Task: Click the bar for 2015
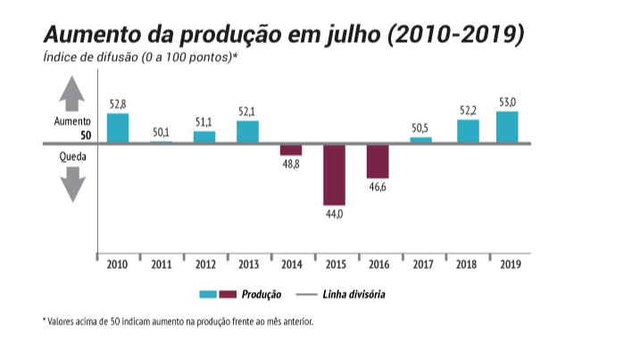[x=334, y=174]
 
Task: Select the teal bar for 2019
[x=507, y=126]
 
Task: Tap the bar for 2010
[x=118, y=128]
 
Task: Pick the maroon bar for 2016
[x=378, y=161]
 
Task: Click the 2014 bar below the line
[x=291, y=149]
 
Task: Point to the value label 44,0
[x=334, y=215]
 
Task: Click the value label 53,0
[x=507, y=103]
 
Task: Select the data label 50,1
[x=161, y=131]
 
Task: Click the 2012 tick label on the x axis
[x=204, y=264]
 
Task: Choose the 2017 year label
[x=420, y=264]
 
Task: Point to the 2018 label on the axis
[x=464, y=264]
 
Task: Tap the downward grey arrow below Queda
[x=72, y=186]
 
